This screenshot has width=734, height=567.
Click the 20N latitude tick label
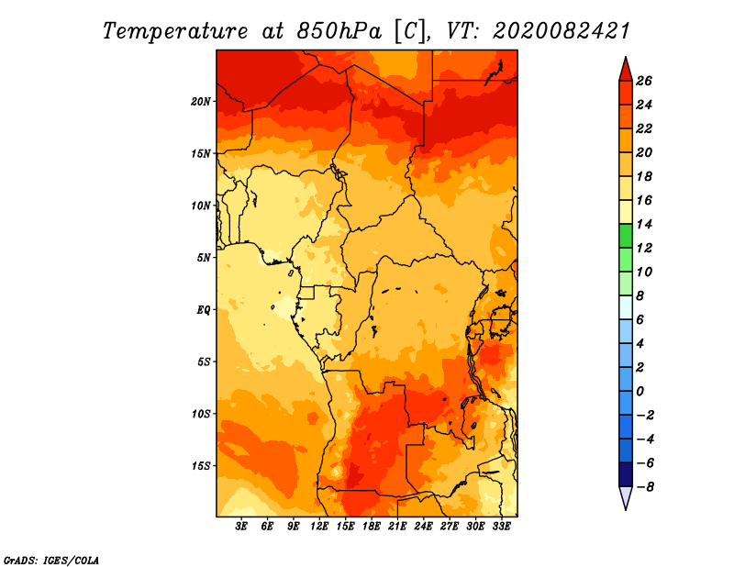[201, 101]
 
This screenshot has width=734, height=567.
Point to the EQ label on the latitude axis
[203, 309]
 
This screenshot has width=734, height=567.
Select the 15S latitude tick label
[201, 465]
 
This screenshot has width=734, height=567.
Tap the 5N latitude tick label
[204, 257]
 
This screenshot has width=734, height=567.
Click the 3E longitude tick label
[242, 527]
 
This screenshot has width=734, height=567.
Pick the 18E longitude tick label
[372, 527]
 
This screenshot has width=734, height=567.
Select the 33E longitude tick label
[501, 527]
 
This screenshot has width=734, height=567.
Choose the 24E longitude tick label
[424, 527]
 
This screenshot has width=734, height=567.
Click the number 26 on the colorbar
[656, 81]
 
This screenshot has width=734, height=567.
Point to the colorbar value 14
[656, 224]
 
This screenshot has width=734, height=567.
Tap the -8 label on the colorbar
[654, 487]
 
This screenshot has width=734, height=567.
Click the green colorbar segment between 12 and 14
[625, 236]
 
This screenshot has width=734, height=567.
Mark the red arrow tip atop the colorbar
[625, 68]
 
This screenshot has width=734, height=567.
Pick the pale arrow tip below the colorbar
[625, 498]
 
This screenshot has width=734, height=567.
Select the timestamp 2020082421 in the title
[562, 30]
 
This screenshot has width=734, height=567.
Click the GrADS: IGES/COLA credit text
[51, 559]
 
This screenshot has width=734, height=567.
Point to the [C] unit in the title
[410, 30]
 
